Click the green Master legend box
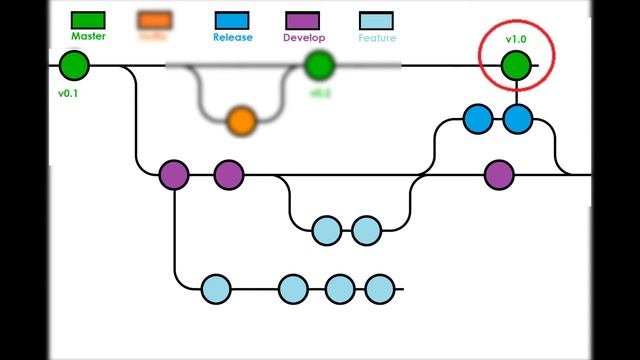[89, 19]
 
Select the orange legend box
[153, 19]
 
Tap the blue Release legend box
[233, 19]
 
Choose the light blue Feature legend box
[376, 20]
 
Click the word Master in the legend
[89, 36]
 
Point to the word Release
[233, 38]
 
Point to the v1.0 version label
[516, 40]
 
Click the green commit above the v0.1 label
[74, 66]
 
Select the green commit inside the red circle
[516, 66]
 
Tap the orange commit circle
[241, 121]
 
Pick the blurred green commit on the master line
[318, 66]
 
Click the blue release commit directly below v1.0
[517, 120]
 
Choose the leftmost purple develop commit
[174, 175]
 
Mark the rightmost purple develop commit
[499, 175]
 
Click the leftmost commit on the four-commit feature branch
[216, 290]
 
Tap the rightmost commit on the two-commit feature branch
[367, 231]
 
